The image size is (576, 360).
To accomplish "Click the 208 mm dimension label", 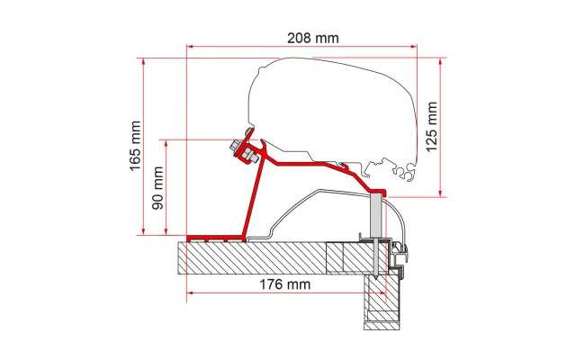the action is pos(313,38).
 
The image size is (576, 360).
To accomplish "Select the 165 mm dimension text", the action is pos(135,146).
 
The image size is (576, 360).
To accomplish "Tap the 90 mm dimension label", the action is pos(157,188).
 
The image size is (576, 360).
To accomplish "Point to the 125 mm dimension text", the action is pos(431,126).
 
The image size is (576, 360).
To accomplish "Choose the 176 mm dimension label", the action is pos(285,284).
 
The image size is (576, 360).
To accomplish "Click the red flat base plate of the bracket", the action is pos(216,238).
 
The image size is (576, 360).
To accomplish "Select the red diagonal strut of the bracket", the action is pos(252,197).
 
